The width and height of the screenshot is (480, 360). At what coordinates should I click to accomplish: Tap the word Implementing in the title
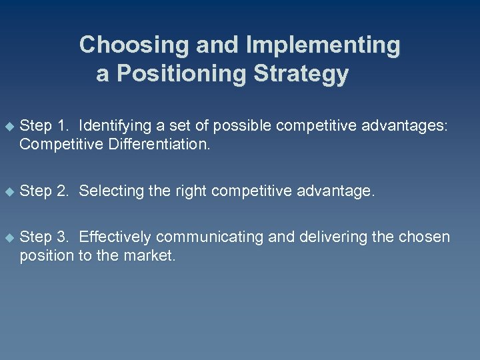click(323, 45)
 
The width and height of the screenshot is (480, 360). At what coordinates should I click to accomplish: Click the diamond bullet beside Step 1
click(9, 125)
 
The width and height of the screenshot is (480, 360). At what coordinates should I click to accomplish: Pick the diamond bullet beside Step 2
click(9, 191)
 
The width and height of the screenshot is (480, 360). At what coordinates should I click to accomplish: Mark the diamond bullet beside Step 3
click(9, 237)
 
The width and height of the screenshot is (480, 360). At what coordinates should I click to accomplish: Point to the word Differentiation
click(157, 143)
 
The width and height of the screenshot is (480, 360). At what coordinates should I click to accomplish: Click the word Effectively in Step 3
click(115, 237)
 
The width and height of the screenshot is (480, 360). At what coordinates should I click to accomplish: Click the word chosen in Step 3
click(427, 237)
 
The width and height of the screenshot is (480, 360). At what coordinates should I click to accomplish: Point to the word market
click(151, 256)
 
